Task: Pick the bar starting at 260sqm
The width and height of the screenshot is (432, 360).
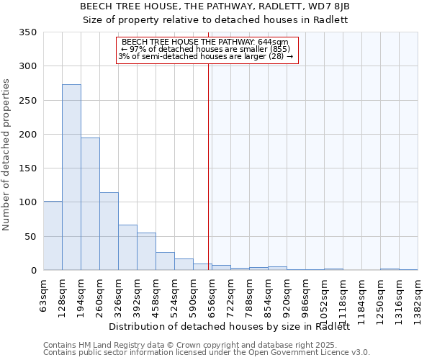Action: point(109,231)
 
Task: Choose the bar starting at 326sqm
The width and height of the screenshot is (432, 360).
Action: point(127,248)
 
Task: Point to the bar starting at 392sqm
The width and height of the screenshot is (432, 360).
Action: point(146,251)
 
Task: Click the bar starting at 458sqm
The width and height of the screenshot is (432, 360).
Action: point(165,261)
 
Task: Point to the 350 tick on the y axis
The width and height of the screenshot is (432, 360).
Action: point(28,32)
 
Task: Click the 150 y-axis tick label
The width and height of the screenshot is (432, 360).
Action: point(28,168)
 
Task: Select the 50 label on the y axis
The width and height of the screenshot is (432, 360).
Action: point(31,236)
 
